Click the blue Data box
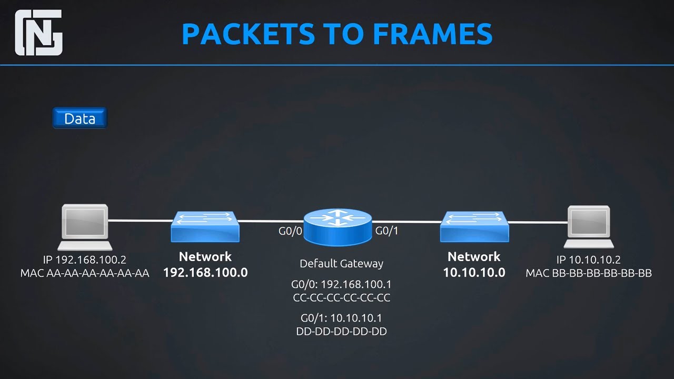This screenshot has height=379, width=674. click(x=80, y=118)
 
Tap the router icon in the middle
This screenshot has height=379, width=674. click(x=338, y=227)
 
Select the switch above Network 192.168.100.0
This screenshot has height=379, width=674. click(x=205, y=226)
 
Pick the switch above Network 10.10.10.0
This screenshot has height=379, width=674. click(x=474, y=226)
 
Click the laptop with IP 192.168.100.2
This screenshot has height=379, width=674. click(x=85, y=227)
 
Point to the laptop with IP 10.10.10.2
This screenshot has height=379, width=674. click(x=589, y=227)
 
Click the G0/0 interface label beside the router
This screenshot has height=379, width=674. click(x=290, y=231)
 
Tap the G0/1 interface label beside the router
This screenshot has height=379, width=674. click(x=386, y=231)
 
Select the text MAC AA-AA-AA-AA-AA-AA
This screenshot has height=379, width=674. click(x=85, y=273)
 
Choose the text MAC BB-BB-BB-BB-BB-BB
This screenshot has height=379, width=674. click(x=589, y=273)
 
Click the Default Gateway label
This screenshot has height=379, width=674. click(x=342, y=264)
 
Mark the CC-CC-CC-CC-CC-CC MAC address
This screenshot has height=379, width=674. click(x=342, y=297)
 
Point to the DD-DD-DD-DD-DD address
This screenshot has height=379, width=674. click(x=342, y=331)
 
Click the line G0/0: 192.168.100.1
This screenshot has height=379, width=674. click(x=342, y=284)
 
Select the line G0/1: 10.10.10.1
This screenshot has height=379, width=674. click(x=342, y=318)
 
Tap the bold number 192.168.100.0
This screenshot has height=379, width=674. click(x=205, y=273)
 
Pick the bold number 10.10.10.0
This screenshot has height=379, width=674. click(x=474, y=273)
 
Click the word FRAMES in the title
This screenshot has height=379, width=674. click(x=432, y=34)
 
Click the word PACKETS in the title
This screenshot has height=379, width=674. click(x=249, y=34)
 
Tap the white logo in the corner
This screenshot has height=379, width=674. click(x=39, y=33)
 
